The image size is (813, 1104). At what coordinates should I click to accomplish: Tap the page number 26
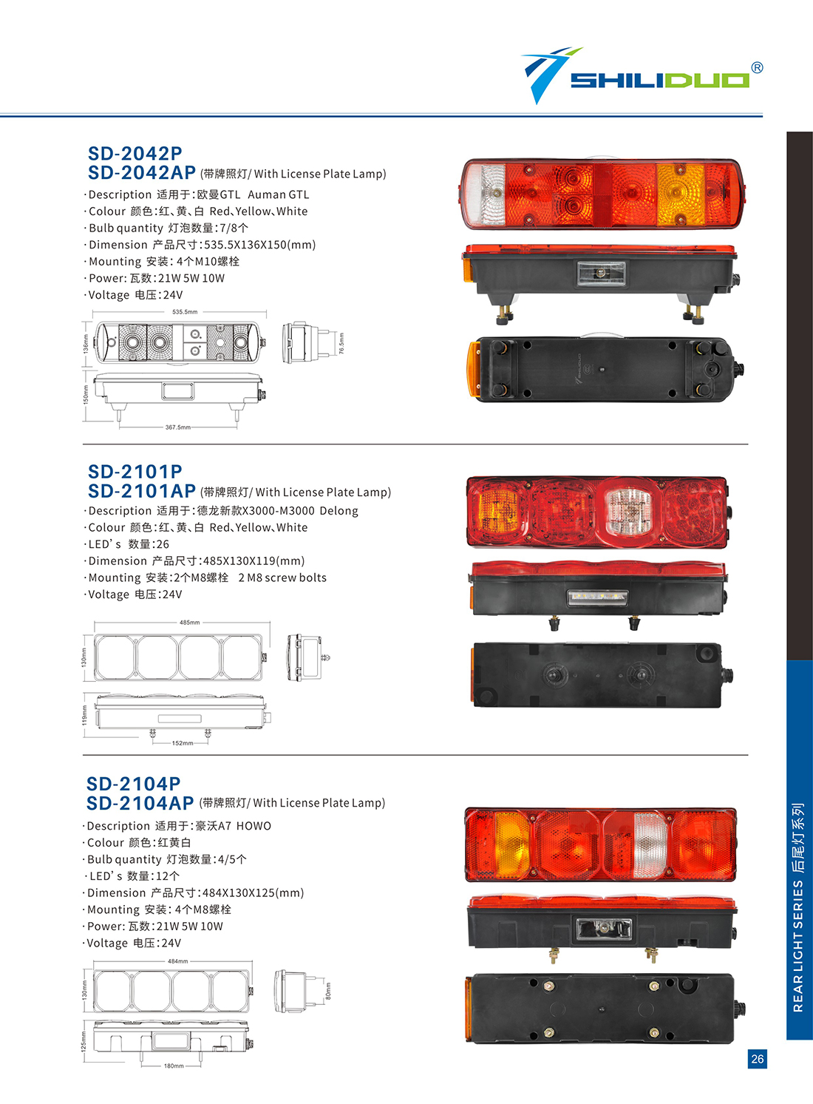pyautogui.click(x=758, y=1058)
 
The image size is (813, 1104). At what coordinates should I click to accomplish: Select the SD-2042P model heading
pyautogui.click(x=135, y=154)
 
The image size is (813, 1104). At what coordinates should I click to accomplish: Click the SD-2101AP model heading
pyautogui.click(x=142, y=491)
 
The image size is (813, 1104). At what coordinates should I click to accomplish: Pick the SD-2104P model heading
pyautogui.click(x=134, y=784)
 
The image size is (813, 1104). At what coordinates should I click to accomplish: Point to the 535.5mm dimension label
pyautogui.click(x=185, y=312)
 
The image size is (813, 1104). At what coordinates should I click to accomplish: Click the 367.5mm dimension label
pyautogui.click(x=178, y=427)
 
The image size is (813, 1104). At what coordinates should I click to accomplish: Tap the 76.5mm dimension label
pyautogui.click(x=341, y=343)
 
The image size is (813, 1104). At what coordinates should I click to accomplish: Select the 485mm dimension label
pyautogui.click(x=190, y=623)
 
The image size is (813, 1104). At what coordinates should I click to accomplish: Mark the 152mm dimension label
pyautogui.click(x=183, y=742)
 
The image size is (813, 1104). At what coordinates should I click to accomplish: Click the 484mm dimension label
pyautogui.click(x=178, y=961)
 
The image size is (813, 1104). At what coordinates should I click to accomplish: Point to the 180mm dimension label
pyautogui.click(x=174, y=1066)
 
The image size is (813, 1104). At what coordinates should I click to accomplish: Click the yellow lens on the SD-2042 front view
pyautogui.click(x=681, y=194)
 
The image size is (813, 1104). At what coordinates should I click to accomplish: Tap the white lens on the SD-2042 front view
pyautogui.click(x=486, y=194)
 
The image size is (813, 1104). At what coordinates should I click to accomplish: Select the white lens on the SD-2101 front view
pyautogui.click(x=628, y=511)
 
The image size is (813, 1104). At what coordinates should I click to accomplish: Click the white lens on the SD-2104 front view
pyautogui.click(x=650, y=844)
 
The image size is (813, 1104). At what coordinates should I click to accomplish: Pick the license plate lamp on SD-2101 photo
pyautogui.click(x=598, y=597)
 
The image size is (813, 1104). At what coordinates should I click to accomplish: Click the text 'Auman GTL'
pyautogui.click(x=279, y=194)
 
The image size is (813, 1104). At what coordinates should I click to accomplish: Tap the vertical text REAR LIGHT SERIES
pyautogui.click(x=798, y=946)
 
